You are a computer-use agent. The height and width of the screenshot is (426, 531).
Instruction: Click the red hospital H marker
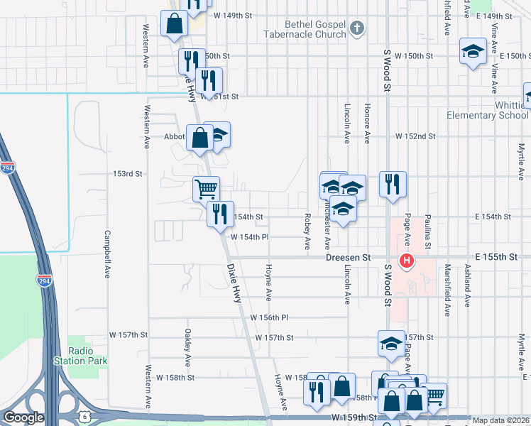(x=407, y=261)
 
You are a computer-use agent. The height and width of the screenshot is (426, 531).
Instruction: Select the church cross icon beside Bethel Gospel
(x=357, y=28)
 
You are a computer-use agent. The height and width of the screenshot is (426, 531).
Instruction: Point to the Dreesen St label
(x=349, y=258)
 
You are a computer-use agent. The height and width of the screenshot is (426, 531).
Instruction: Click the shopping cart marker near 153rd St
(x=206, y=188)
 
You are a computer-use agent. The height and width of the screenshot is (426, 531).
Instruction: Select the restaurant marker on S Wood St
(x=392, y=184)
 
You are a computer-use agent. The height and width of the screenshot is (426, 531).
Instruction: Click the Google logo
(x=23, y=417)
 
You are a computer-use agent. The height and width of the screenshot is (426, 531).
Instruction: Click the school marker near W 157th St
(x=390, y=344)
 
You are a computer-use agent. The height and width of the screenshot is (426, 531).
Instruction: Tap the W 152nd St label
(x=415, y=136)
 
